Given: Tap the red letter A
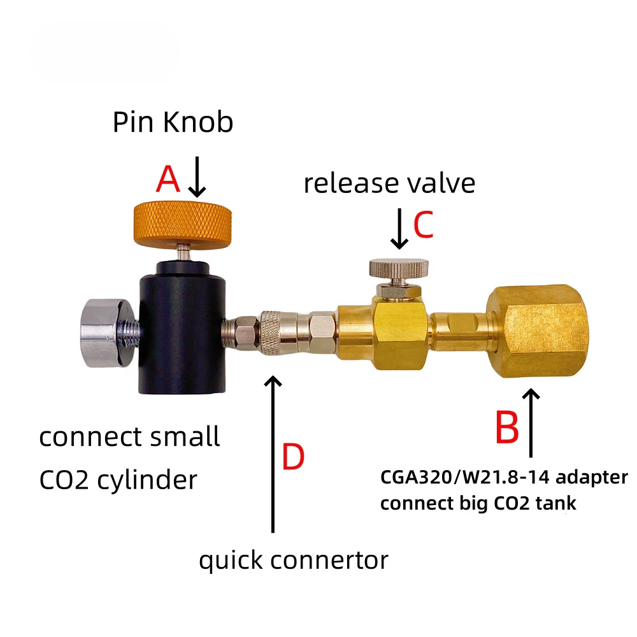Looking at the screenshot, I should tap(168, 180).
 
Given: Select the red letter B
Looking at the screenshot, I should tap(508, 429).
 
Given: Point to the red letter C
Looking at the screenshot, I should tap(423, 224).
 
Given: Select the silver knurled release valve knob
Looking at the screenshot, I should tap(395, 271).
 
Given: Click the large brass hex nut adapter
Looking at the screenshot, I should tap(534, 331).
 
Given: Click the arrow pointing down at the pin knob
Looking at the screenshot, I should tap(198, 179).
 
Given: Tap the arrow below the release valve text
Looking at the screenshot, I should tap(399, 227).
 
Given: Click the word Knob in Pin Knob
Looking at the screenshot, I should tap(198, 122).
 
